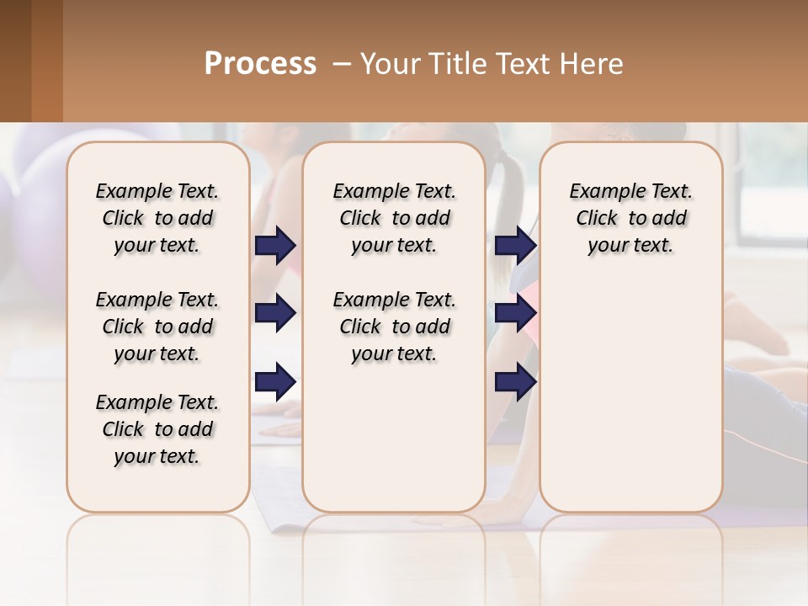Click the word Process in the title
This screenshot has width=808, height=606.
260,64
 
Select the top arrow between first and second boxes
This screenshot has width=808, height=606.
275,245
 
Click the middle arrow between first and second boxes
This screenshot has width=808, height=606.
275,313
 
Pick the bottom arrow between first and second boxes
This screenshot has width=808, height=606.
275,382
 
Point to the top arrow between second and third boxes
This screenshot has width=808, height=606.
515,245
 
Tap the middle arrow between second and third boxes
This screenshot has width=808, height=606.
515,313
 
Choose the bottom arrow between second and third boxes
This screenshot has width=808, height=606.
515,382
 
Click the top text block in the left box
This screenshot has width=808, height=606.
157,218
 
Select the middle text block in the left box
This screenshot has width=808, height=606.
157,327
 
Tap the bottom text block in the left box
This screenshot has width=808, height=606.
157,429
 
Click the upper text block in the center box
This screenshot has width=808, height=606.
394,218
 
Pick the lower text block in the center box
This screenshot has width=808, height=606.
394,327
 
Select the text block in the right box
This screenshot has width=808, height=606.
630,218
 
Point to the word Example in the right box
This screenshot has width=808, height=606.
602,192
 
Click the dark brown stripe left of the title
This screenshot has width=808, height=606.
15,61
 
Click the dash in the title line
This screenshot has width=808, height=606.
343,64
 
